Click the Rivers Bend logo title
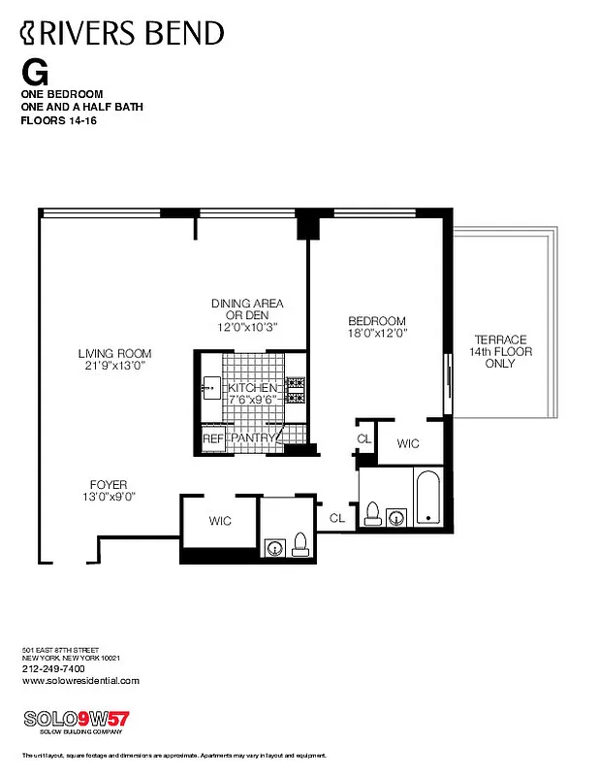122,34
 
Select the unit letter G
34,73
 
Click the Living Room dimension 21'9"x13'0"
114,366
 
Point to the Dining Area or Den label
247,309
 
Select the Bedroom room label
377,321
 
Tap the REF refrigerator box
212,438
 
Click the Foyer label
109,484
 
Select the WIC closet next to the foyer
220,521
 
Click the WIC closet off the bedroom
409,442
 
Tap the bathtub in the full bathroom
427,498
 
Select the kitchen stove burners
296,389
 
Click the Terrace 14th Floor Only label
500,351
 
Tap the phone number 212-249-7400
53,668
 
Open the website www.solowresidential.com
80,680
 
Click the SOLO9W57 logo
76,720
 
